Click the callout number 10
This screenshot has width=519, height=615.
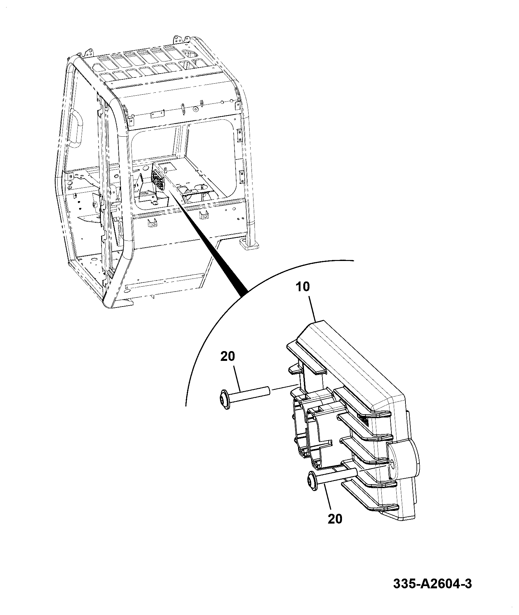point(303,287)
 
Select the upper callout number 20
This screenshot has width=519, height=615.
point(227,357)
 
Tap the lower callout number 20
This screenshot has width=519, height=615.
point(335,519)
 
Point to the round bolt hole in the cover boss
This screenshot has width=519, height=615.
point(392,465)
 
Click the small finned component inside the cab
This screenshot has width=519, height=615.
point(158,179)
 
